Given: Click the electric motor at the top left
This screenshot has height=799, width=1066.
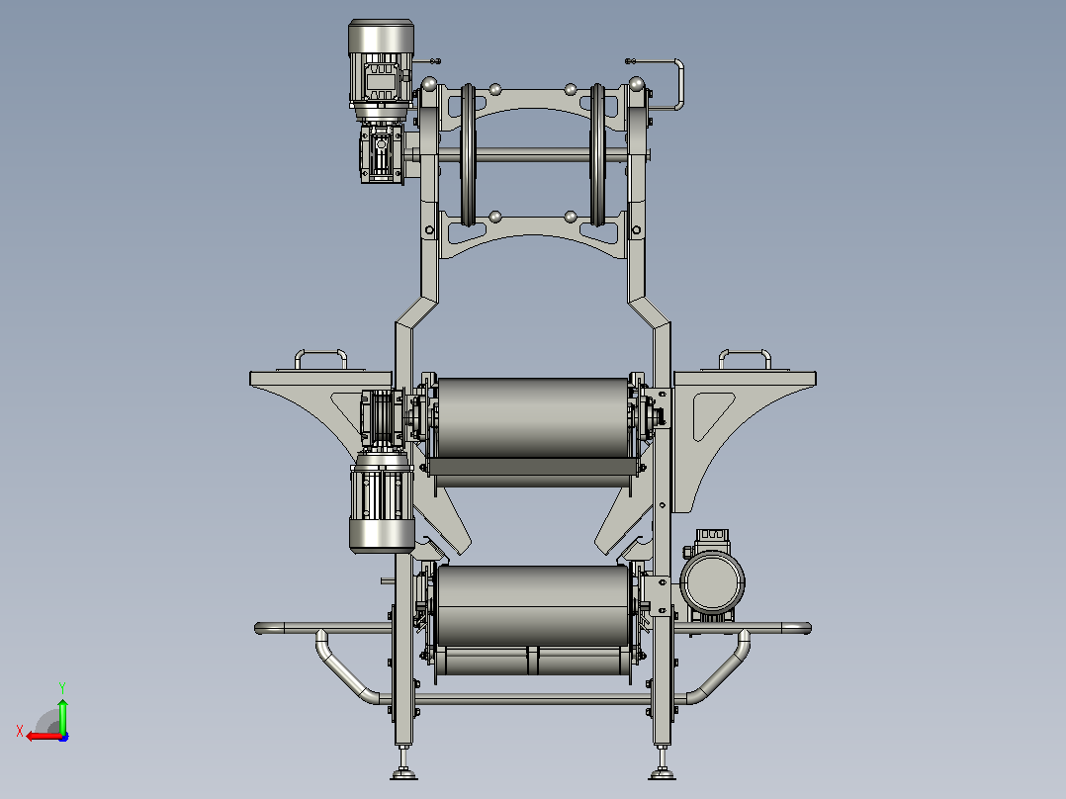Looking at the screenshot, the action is click(381, 69).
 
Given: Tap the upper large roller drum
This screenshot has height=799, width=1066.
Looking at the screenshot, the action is click(533, 417).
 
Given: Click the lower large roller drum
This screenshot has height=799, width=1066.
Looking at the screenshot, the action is click(533, 605).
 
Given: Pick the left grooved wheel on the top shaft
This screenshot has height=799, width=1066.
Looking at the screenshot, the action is click(468, 155).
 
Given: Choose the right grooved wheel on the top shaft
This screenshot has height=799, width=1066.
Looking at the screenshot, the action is click(597, 155).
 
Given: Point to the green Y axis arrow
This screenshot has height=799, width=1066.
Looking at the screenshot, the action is click(62, 713).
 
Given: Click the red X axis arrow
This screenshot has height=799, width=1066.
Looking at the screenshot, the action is click(44, 736).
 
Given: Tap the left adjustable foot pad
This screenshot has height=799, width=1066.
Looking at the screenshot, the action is click(403, 773).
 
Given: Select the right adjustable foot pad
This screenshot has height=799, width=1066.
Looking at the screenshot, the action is click(663, 773).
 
